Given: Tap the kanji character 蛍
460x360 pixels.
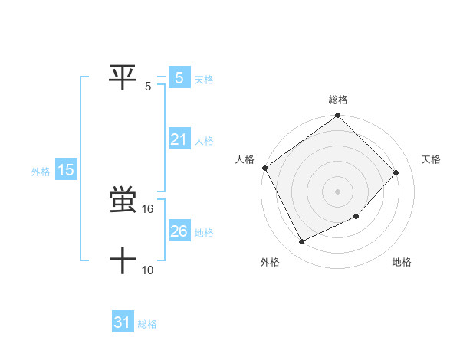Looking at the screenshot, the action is click(123, 201).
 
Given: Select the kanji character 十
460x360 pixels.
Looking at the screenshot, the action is click(123, 260).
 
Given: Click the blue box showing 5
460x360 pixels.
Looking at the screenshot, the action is click(179, 77).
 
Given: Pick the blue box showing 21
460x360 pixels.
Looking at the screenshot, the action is click(179, 139).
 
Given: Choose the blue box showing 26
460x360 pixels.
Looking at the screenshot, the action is click(179, 231).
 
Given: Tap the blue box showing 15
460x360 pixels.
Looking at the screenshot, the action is click(66, 170).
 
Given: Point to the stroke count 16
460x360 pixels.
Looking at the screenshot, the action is click(148, 209).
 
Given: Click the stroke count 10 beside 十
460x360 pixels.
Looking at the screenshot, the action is click(148, 270).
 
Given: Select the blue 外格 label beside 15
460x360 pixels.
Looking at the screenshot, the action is click(41, 172).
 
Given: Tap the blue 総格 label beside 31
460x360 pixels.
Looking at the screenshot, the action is click(147, 324).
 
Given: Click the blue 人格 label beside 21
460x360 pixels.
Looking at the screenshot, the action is click(204, 141).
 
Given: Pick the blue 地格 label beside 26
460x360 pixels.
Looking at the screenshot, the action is click(204, 233).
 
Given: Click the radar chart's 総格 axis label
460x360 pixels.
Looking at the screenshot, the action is click(338, 100).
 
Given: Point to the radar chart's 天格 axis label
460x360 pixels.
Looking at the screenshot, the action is click(432, 159).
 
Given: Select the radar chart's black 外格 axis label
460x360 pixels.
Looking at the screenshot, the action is click(270, 263).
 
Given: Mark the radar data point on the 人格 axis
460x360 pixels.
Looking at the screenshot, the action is click(265, 168).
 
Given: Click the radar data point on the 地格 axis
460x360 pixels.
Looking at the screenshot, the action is click(356, 217).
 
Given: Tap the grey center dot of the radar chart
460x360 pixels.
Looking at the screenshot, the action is click(338, 191).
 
